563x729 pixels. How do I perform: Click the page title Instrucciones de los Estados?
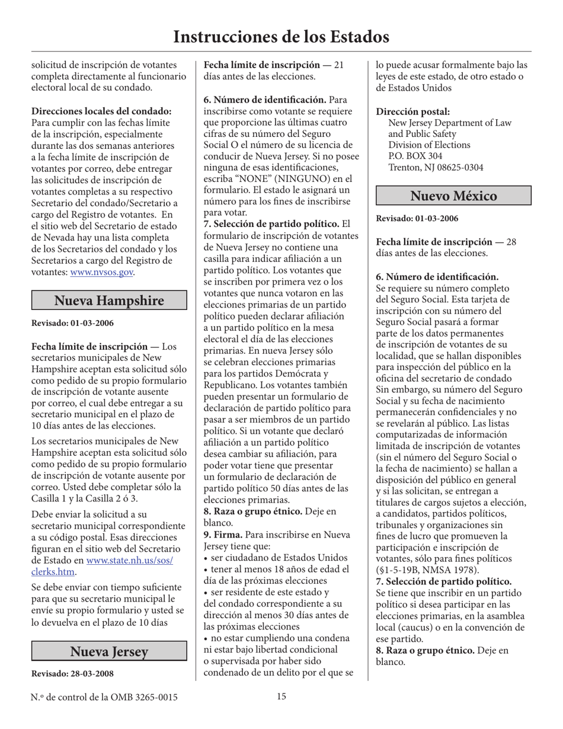pyautogui.click(x=281, y=37)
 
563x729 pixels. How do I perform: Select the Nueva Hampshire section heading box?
pyautogui.click(x=108, y=301)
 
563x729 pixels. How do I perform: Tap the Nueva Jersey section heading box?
pyautogui.click(x=108, y=651)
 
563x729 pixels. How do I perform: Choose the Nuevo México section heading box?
pyautogui.click(x=453, y=196)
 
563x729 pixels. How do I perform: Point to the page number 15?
pyautogui.click(x=281, y=696)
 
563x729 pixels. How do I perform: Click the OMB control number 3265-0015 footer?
pyautogui.click(x=104, y=697)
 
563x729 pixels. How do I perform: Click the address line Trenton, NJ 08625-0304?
pyautogui.click(x=436, y=168)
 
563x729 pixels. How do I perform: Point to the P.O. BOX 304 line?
pyautogui.click(x=415, y=156)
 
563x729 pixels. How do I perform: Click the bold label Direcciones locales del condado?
pyautogui.click(x=101, y=111)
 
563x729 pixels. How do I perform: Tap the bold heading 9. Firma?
pyautogui.click(x=223, y=535)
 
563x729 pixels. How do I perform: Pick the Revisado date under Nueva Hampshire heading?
pyautogui.click(x=72, y=323)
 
